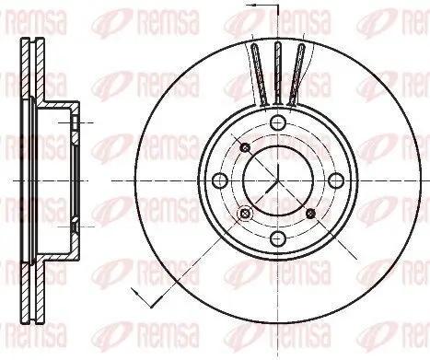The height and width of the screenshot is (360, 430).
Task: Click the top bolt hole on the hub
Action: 277,122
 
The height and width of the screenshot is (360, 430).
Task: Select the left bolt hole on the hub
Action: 221,180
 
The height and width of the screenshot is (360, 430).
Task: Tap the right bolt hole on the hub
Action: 333,180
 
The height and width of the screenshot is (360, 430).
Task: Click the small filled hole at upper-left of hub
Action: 244,147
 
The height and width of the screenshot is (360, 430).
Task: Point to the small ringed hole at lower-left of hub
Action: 244,214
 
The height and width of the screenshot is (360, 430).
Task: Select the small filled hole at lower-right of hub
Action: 309,213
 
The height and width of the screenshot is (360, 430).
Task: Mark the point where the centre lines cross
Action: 277,180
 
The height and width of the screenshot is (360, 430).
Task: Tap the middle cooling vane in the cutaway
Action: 277,69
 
